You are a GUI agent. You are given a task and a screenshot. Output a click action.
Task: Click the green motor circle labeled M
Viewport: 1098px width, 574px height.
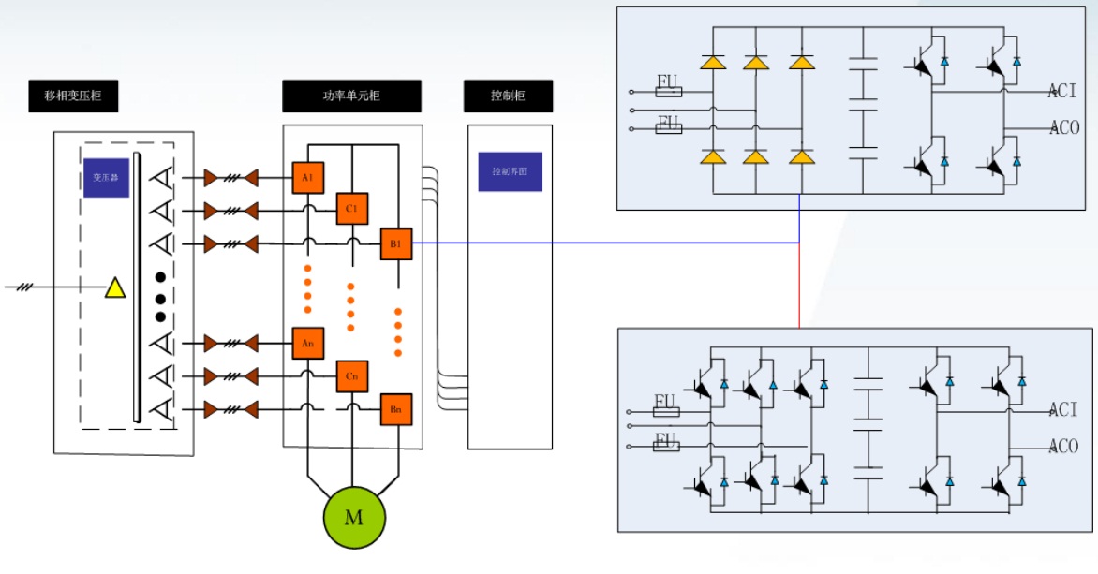354,517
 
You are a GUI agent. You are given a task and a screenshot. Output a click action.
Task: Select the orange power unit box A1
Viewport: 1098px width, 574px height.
307,177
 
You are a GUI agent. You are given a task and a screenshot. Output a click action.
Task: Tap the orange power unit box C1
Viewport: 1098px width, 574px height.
351,209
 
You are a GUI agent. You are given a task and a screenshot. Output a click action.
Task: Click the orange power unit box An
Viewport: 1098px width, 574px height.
307,344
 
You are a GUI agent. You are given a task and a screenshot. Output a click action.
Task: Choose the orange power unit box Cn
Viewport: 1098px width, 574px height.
351,376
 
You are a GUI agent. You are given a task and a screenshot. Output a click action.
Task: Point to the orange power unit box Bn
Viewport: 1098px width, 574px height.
395,409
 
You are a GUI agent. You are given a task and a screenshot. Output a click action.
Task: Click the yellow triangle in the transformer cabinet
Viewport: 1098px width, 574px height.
114,287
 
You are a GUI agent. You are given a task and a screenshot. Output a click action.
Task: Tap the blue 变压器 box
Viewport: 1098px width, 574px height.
106,177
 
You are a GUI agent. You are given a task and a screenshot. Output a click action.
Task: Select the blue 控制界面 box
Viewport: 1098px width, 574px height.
510,172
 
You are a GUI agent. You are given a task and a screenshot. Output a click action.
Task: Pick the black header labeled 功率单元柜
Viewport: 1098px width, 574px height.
351,96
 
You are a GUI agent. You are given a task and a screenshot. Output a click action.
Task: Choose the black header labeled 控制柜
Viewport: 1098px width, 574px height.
508,96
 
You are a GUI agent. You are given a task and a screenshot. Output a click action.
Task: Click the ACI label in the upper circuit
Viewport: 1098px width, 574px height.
1062,91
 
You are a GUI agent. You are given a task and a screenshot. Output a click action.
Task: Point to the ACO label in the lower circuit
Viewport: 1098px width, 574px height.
1063,446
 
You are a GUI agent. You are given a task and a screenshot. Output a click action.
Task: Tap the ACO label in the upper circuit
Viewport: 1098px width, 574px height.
1064,127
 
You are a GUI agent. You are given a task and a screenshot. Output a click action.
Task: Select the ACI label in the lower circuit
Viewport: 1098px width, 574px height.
1062,409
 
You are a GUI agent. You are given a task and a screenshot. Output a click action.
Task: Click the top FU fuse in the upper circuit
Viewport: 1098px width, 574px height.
668,91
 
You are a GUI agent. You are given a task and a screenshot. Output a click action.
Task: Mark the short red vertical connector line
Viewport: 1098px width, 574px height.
799,286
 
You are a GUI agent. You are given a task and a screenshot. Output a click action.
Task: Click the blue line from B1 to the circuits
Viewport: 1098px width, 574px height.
600,243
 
